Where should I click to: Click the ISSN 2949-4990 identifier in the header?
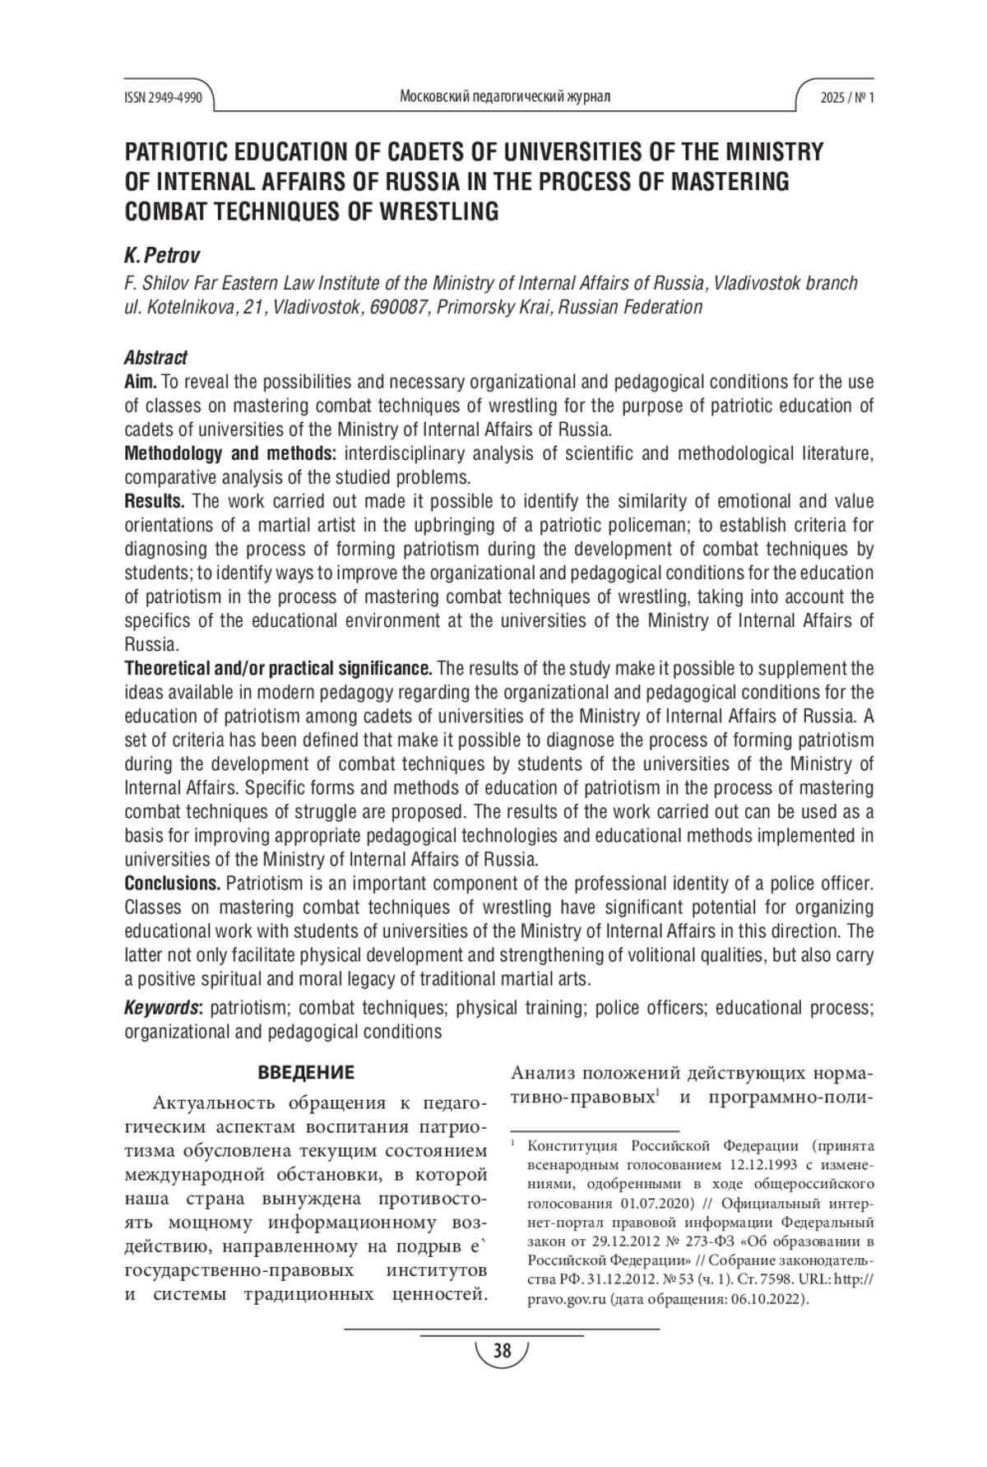click(163, 97)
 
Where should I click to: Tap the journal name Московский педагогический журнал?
click(504, 97)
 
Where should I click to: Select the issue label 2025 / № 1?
click(846, 97)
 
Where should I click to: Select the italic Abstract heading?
click(155, 358)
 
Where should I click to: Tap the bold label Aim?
click(141, 382)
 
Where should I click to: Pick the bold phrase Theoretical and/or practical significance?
click(278, 667)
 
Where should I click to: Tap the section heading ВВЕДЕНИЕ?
click(306, 1073)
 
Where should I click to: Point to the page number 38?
click(502, 1351)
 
